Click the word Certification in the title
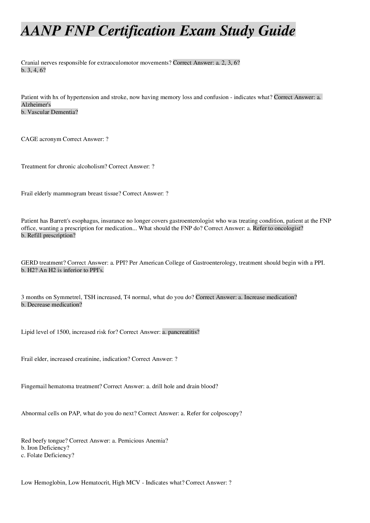(137, 30)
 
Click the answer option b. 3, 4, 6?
(34, 70)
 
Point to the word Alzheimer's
(36, 105)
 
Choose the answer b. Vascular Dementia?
(49, 112)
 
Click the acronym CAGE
(30, 139)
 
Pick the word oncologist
(289, 228)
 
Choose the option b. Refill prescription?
(48, 235)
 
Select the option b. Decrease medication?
(52, 305)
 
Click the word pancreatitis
(184, 332)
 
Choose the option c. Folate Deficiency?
(48, 455)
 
